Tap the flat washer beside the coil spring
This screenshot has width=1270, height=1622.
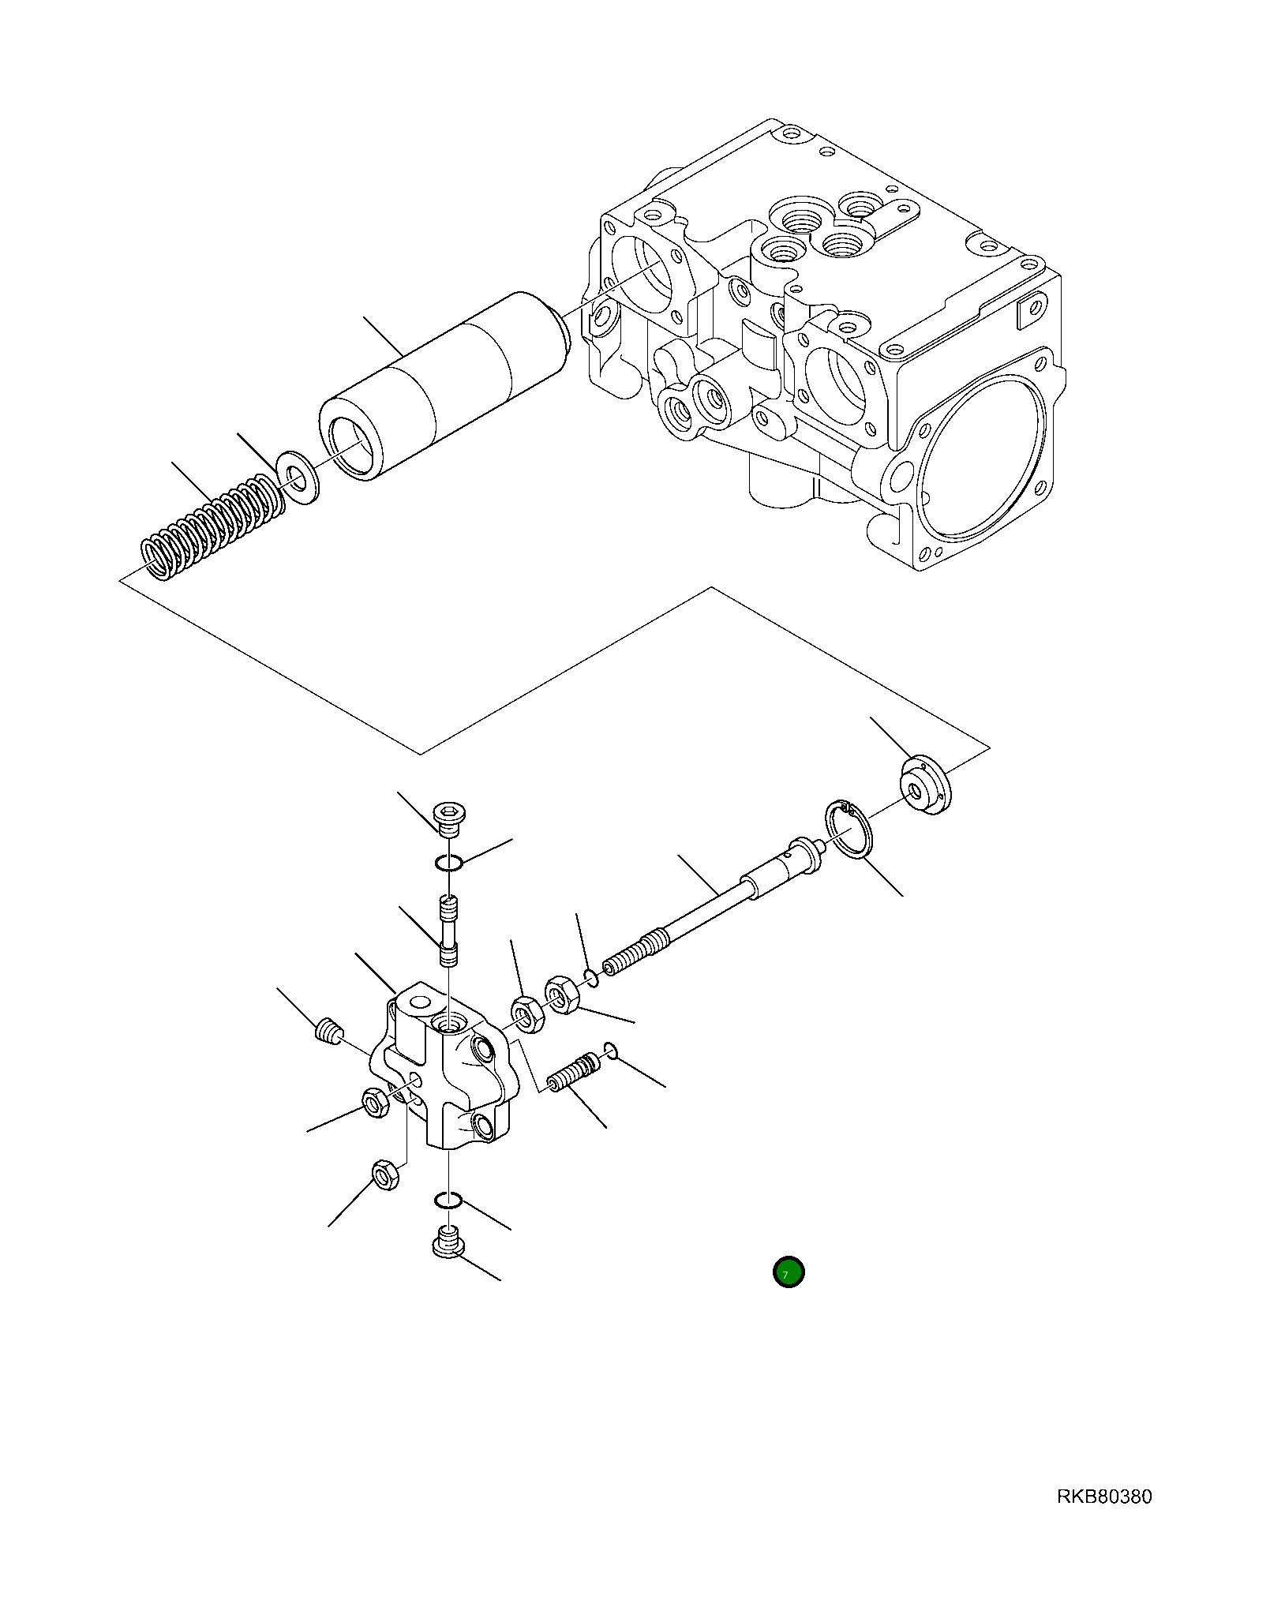coord(299,476)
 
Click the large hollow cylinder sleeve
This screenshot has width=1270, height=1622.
coord(442,387)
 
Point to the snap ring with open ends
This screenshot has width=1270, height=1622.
coord(849,829)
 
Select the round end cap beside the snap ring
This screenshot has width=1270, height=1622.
coord(925,785)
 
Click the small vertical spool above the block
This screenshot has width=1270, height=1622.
coord(448,931)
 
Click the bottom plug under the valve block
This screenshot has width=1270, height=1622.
coord(448,1245)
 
